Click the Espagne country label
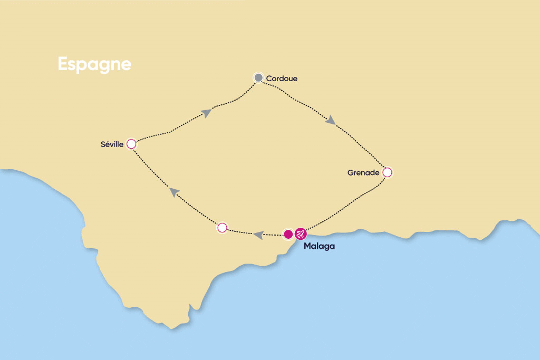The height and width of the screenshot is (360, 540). pos(94,64)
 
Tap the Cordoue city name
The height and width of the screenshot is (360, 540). pos(282,79)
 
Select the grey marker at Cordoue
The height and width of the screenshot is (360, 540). pos(258,78)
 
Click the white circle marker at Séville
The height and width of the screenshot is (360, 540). pos(131,143)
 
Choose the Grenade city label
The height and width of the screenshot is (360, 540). pos(363,172)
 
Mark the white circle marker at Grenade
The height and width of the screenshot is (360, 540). pos(387,172)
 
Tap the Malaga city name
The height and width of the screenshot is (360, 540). pos(319,246)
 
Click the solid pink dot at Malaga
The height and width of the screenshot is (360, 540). pos(288,233)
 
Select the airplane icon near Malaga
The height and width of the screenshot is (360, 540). pos(301,233)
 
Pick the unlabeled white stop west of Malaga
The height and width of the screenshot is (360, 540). pos(222,228)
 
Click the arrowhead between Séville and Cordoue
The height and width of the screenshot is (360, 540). pos(207,112)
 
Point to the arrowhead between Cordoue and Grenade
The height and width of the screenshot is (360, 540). pos(330,120)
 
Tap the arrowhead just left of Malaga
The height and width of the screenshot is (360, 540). pos(258,235)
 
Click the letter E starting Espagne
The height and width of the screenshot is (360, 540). pos(62,64)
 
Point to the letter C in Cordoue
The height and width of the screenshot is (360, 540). pos(269,79)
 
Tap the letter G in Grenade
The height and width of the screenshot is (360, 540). pos(350,172)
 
